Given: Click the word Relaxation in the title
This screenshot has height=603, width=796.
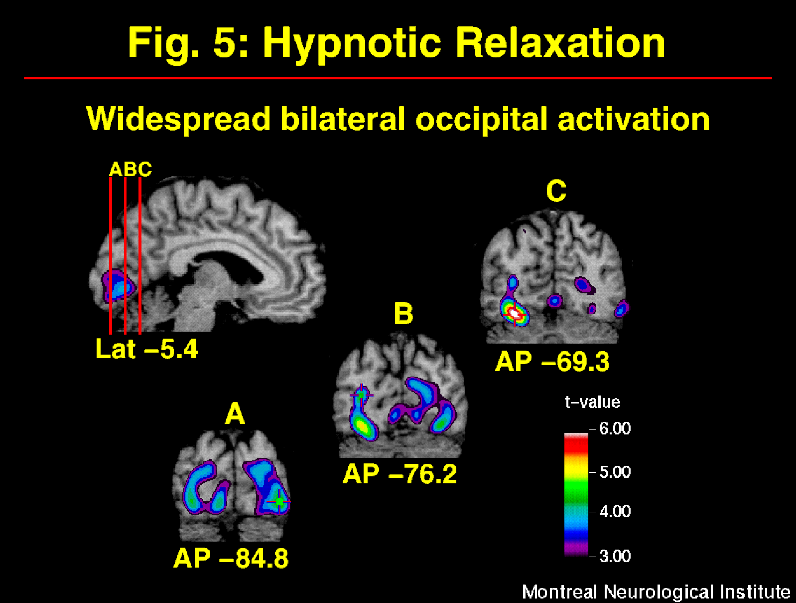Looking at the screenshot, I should click(560, 42).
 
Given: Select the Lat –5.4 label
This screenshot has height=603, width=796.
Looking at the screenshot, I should click(146, 349).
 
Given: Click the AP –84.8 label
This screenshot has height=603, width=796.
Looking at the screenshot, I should click(231, 558).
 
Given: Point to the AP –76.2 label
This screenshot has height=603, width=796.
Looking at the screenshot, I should click(399, 474).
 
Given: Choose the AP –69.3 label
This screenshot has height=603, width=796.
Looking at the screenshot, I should click(552, 362).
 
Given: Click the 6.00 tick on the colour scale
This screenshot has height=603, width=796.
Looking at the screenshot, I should click(614, 428).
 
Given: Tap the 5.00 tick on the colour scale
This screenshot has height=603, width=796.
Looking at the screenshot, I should click(614, 472).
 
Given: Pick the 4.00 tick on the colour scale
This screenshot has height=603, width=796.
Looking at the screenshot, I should click(614, 511).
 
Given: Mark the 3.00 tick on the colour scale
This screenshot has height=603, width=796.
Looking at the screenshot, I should click(614, 556).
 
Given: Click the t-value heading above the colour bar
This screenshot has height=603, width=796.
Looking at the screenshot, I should click(592, 402).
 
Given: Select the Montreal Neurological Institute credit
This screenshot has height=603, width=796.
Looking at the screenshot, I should click(656, 592).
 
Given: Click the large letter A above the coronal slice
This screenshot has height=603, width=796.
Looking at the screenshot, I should click(235, 414).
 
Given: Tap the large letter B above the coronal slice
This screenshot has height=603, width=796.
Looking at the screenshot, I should click(403, 314).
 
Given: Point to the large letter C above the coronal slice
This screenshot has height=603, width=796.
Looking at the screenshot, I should click(556, 191).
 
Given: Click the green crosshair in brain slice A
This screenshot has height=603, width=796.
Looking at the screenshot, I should click(279, 501).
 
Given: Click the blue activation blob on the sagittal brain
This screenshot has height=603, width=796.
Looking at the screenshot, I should click(118, 286).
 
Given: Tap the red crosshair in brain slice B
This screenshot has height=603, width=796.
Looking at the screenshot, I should click(361, 395).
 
